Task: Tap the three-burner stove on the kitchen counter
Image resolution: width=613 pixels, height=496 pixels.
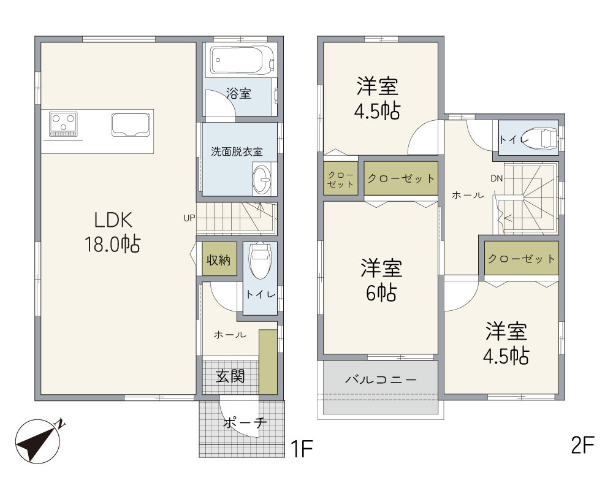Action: [63, 124]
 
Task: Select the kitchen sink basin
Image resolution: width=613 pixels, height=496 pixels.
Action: [131, 124]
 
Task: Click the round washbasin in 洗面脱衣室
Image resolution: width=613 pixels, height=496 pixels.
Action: [262, 180]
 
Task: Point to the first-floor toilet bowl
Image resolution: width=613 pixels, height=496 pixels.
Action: [259, 261]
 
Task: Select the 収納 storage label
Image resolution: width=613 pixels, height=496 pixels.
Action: [219, 260]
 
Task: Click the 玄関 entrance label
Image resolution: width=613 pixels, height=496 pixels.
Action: [230, 376]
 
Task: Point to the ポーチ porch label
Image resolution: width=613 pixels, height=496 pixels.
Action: [245, 422]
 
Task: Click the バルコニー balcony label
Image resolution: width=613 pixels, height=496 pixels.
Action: [381, 379]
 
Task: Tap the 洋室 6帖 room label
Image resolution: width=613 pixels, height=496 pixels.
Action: [381, 280]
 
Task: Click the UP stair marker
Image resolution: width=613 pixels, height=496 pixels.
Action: [189, 218]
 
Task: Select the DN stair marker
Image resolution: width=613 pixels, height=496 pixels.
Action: [497, 178]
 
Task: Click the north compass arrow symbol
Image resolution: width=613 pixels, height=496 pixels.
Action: [38, 441]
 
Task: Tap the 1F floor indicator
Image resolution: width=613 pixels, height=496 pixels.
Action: [302, 448]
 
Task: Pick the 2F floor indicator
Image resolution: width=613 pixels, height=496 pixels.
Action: [582, 444]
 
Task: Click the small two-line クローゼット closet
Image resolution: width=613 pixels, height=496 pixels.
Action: [340, 178]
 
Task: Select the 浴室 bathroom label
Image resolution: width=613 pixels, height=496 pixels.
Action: [238, 94]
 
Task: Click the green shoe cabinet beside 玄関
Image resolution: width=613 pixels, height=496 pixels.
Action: [268, 362]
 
